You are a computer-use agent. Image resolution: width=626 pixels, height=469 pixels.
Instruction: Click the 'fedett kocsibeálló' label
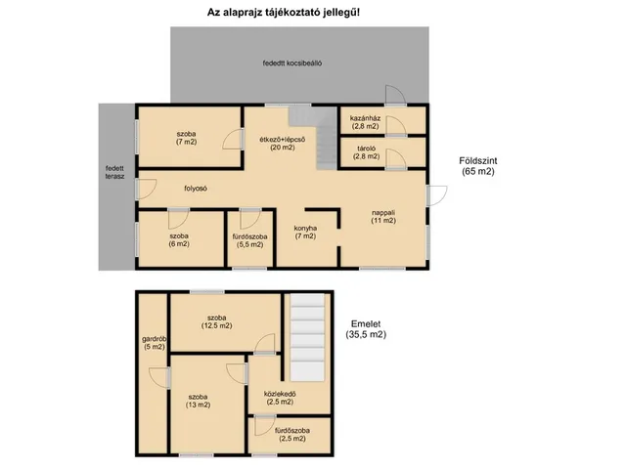[292, 63]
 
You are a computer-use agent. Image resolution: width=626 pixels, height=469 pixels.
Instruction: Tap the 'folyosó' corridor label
[196, 189]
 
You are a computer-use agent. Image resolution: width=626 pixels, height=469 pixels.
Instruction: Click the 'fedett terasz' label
[115, 172]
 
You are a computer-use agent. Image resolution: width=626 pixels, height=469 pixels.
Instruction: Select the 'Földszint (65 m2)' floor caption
[478, 166]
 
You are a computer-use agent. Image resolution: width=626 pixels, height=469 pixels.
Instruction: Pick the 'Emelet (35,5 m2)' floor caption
[366, 329]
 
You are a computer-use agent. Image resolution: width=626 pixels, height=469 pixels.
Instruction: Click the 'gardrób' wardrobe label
[155, 343]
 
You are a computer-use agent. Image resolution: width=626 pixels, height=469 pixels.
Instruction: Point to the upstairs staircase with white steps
[307, 337]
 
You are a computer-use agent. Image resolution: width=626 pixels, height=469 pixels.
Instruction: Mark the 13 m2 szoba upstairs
[207, 404]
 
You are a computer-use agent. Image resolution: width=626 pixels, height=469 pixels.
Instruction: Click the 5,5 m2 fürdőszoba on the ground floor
[250, 238]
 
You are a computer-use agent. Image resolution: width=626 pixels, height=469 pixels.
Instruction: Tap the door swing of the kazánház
[396, 126]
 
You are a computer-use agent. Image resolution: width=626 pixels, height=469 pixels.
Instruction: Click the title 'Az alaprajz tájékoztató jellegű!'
[284, 13]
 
